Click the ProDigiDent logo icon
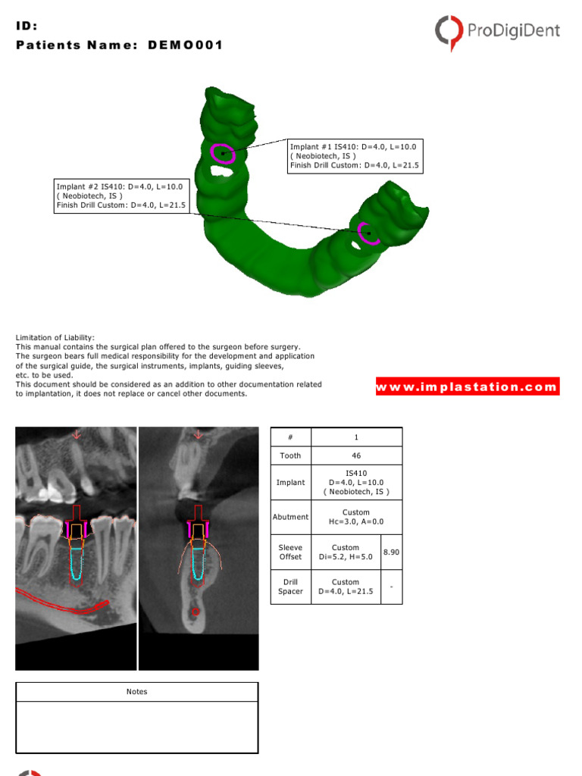[449, 31]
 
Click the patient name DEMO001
[187, 45]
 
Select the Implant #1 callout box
[355, 155]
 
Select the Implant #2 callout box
[121, 196]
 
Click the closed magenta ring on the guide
[223, 153]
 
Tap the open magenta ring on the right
[368, 233]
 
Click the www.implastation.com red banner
[467, 386]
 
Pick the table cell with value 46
[356, 455]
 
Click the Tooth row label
[290, 455]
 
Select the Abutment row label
[290, 517]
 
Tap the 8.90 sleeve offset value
[391, 552]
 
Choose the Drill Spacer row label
[290, 587]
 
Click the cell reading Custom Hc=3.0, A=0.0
[356, 517]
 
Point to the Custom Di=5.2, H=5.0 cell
[346, 552]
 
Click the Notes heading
[137, 691]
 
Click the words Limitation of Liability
[55, 337]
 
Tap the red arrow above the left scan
[76, 435]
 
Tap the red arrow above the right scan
[199, 435]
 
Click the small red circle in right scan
[196, 612]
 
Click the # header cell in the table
[290, 437]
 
